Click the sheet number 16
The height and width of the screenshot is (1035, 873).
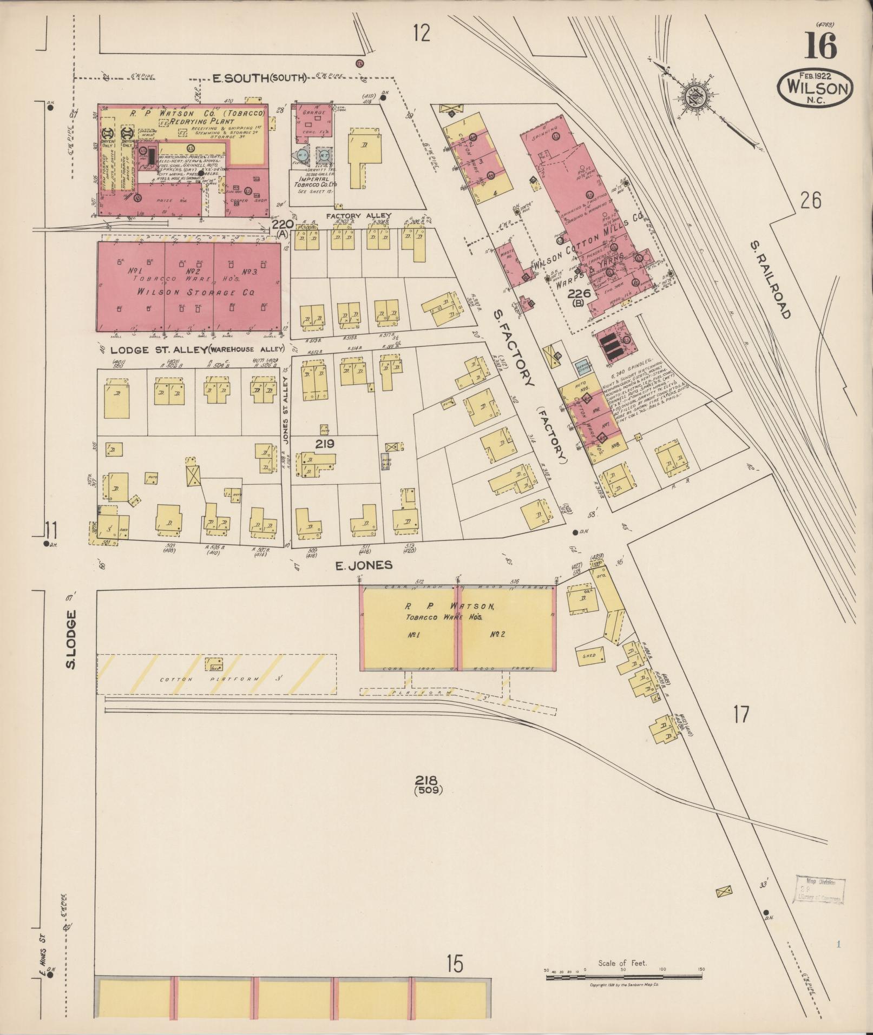[821, 46]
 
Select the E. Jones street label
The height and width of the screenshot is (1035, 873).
[364, 566]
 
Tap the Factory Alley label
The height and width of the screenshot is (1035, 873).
[359, 216]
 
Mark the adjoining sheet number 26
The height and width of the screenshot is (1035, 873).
[810, 201]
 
